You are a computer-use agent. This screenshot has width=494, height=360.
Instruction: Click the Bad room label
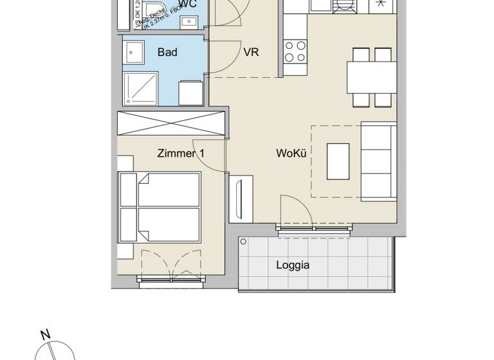(x=167, y=52)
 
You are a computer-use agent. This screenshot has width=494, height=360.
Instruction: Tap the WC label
(x=188, y=4)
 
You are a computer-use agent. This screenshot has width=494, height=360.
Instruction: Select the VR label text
(x=252, y=52)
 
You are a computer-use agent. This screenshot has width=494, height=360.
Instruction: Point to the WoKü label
(x=289, y=154)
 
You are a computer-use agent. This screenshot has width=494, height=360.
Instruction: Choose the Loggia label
(x=293, y=264)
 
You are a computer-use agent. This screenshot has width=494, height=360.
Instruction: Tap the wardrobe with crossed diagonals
(x=170, y=123)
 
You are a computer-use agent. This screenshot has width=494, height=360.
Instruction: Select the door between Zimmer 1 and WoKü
(x=209, y=156)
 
